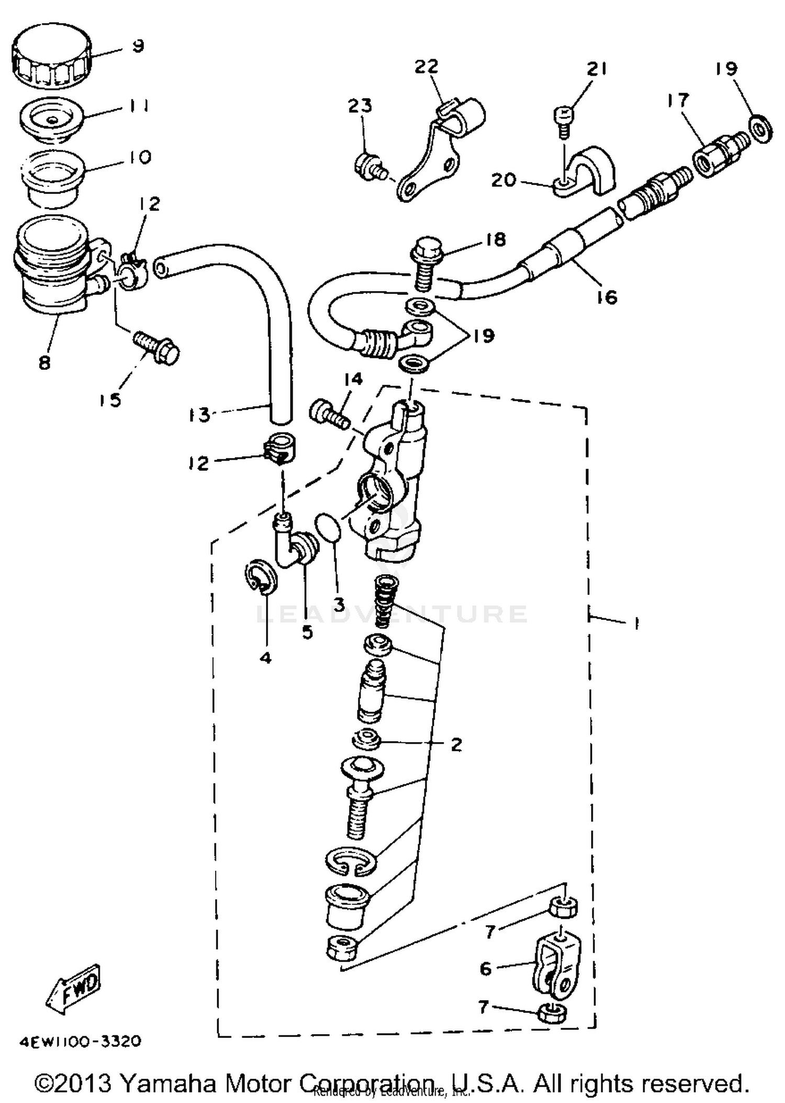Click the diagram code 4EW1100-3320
80,1041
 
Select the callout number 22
426,66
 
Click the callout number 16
607,297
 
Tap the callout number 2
456,744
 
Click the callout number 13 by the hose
199,415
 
